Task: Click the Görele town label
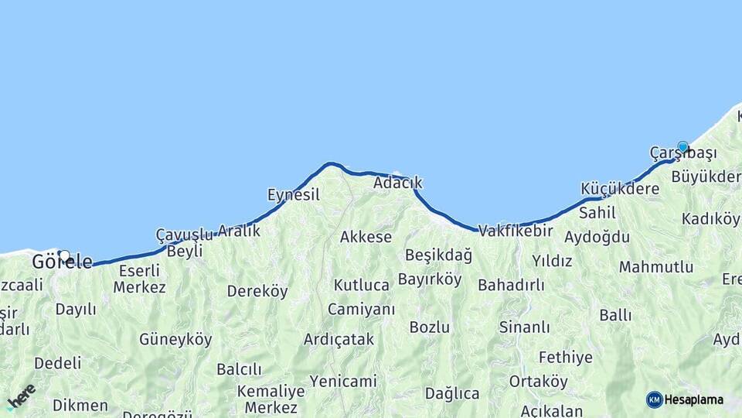coord(62,262)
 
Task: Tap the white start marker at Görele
coord(64,256)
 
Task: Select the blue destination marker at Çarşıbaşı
coord(682,146)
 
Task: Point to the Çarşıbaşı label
coord(683,154)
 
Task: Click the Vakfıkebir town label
coord(516,230)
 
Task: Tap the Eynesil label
coord(293,194)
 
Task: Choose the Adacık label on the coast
coord(397,183)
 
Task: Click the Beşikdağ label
coord(437,255)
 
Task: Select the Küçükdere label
coord(620,189)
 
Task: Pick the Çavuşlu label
coord(184,234)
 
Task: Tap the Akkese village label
coord(366,237)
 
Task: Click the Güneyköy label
coord(175,339)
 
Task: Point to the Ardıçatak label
coord(339,339)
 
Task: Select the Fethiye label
coord(566,358)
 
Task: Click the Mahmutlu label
coord(656,267)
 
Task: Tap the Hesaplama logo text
coord(693,400)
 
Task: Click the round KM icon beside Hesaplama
coord(654,400)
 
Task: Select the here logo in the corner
coord(21,396)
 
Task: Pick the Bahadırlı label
coord(511,285)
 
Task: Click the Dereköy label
coord(257,291)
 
